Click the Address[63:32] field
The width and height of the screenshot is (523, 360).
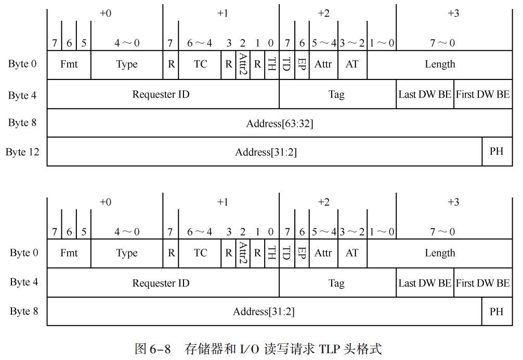tap(280, 124)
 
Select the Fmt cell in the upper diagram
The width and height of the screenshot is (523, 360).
tap(69, 64)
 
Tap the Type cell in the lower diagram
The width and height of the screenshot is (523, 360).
tap(127, 253)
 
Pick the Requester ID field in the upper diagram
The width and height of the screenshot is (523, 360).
tap(161, 94)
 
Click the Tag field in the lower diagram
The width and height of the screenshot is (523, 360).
tap(336, 283)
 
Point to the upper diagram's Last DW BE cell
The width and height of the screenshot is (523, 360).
tap(425, 94)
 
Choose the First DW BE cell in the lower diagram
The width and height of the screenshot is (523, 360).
tap(483, 283)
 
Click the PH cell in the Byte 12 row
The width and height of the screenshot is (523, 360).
tap(496, 152)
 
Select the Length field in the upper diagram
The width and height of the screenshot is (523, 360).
tap(440, 64)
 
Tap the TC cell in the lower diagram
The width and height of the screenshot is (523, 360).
tap(200, 253)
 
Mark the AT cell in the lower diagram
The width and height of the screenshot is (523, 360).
tap(352, 253)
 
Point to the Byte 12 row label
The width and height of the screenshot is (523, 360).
tap(22, 152)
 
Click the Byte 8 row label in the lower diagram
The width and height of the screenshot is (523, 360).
tap(24, 312)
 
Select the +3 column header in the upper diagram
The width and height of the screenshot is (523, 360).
tap(453, 14)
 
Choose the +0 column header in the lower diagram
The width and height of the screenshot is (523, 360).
tap(105, 202)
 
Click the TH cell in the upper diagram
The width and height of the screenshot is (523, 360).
tap(271, 64)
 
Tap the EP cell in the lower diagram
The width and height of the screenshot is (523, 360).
tap(302, 253)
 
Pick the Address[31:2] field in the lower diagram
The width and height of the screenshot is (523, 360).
tap(264, 312)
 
